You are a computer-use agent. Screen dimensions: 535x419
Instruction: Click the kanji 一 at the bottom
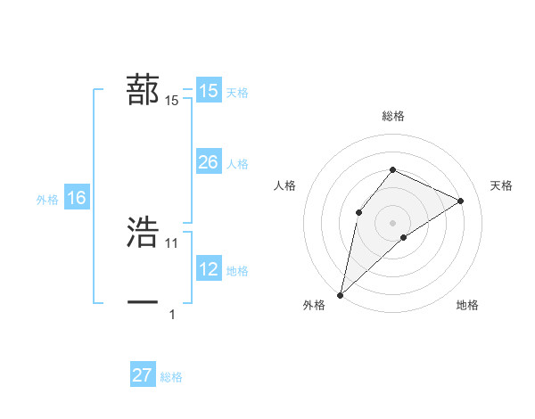point(143,303)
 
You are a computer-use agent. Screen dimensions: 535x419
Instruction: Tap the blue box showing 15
point(208,91)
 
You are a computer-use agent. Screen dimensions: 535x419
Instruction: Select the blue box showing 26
point(208,162)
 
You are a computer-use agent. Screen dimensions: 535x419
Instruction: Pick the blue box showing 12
point(208,268)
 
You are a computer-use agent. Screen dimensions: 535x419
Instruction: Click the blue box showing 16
point(77,198)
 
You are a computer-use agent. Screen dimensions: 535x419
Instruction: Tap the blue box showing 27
point(143,375)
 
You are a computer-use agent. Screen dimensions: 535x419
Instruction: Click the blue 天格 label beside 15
point(237,93)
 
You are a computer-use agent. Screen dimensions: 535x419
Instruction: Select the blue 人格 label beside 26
point(237,164)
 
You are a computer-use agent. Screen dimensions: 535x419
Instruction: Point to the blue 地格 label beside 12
point(237,270)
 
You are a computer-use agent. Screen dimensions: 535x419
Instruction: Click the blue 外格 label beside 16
point(47,200)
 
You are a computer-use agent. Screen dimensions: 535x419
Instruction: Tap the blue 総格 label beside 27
point(171,377)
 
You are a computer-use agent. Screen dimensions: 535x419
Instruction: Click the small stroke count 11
point(172,242)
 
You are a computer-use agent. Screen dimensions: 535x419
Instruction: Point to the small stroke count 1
point(172,314)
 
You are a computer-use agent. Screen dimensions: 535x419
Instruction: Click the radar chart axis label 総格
point(392,116)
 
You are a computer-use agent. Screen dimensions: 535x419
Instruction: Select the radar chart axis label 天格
point(501,185)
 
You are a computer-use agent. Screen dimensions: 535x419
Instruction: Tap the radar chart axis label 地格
point(467,305)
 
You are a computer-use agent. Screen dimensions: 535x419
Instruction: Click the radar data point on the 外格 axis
point(340,294)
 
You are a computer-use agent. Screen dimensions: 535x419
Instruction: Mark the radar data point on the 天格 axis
point(461,201)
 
